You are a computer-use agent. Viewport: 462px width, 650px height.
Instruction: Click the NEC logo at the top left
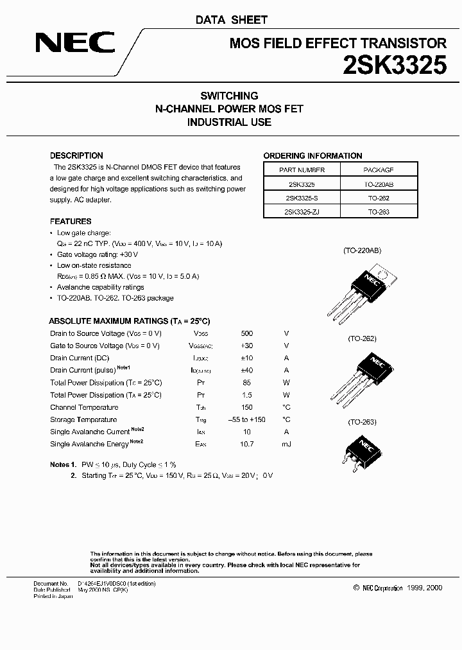click(75, 44)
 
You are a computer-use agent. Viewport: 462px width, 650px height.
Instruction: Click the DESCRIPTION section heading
click(76, 155)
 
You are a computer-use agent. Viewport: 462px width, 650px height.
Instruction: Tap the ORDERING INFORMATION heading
click(312, 155)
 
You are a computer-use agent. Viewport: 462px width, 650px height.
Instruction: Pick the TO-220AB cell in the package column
click(379, 184)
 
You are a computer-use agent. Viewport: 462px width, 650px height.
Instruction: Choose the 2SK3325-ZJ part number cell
click(302, 211)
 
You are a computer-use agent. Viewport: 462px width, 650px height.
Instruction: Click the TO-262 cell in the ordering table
click(379, 198)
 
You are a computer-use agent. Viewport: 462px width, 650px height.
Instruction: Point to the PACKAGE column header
click(379, 170)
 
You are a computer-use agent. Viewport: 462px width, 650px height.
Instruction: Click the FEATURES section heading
click(71, 222)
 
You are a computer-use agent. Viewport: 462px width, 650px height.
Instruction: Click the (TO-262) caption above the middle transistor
click(362, 338)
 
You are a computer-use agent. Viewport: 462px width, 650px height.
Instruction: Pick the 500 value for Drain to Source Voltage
click(247, 333)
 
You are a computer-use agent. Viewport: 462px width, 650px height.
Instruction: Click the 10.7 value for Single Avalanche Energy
click(247, 444)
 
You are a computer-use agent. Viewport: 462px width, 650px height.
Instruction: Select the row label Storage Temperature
click(83, 419)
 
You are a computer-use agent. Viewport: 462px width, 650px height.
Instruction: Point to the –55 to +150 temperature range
click(247, 419)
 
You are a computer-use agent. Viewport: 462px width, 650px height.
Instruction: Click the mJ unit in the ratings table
click(286, 444)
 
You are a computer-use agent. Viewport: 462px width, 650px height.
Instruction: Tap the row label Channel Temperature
click(84, 407)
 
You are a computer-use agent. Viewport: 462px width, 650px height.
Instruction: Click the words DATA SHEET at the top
click(231, 20)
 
